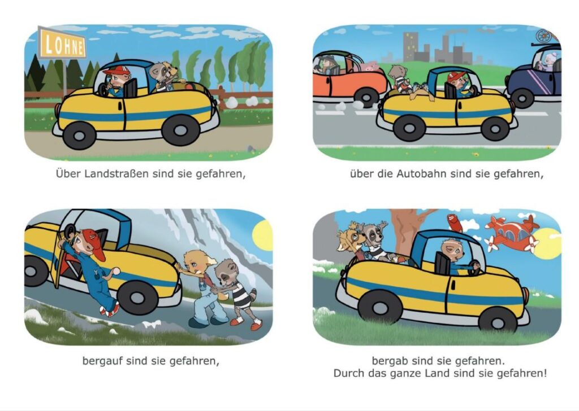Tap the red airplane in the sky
click(511, 231)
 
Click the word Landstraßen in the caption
click(115, 173)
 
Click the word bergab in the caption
click(389, 360)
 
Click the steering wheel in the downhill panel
click(474, 268)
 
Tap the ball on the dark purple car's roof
click(543, 36)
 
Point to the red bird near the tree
click(455, 222)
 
